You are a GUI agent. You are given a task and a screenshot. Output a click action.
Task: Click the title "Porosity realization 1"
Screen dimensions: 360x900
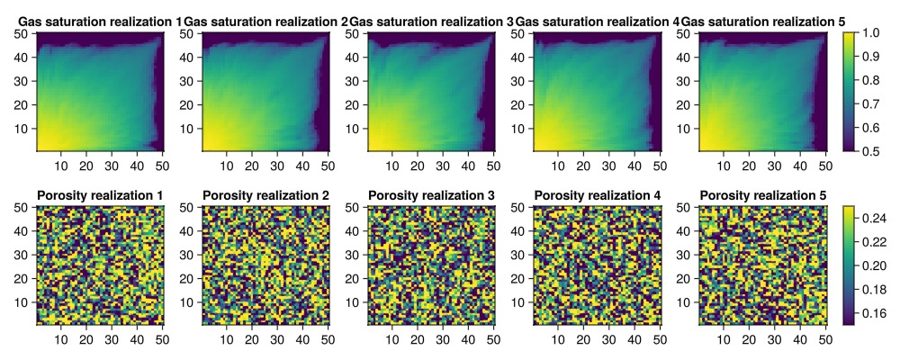[x=100, y=195]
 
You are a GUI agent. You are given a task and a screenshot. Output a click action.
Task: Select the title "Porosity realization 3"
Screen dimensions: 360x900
[x=431, y=195]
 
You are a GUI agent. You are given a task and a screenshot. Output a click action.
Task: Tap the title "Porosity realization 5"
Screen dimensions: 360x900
[x=762, y=195]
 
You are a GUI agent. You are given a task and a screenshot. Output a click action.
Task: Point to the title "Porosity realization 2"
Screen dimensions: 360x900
[x=265, y=195]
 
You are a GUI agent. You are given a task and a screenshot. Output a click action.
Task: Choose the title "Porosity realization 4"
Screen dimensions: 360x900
[x=597, y=195]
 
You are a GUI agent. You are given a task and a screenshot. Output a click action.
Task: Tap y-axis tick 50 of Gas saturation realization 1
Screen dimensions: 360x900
[x=25, y=33]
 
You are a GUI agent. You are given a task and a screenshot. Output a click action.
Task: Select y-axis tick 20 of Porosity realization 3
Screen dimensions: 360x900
[x=356, y=277]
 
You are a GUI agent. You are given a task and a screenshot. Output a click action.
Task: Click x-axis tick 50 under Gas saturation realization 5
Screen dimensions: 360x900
[x=824, y=166]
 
